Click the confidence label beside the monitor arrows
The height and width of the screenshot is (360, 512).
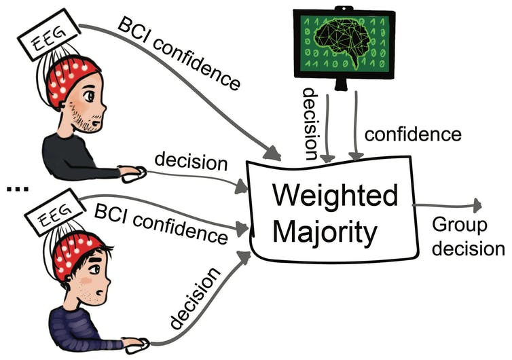click(x=412, y=134)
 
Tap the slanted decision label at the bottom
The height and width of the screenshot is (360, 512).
click(x=198, y=299)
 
